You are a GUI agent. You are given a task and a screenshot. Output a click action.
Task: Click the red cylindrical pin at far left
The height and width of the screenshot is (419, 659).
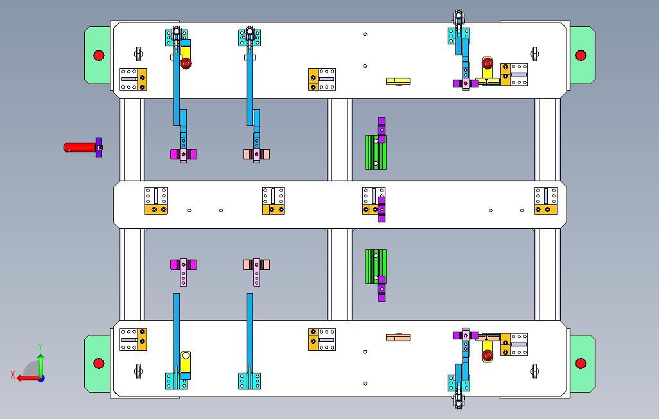(80, 147)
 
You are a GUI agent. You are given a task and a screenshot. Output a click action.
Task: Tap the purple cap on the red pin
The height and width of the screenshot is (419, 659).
(98, 147)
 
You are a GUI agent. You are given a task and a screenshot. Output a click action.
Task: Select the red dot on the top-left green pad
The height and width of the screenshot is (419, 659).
(98, 55)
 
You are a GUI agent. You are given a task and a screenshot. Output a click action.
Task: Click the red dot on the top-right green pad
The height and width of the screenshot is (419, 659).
(581, 55)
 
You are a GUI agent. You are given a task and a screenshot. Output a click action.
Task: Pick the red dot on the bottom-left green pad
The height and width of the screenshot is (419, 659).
(98, 364)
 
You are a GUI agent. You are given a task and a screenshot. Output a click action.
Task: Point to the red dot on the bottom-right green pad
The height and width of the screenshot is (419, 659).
(581, 364)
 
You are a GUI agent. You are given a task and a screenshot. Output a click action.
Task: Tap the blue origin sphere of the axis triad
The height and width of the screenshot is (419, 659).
(40, 378)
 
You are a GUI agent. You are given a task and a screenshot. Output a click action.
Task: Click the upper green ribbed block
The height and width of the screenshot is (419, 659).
(375, 152)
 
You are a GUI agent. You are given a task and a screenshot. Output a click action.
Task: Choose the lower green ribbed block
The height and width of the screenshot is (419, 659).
(375, 266)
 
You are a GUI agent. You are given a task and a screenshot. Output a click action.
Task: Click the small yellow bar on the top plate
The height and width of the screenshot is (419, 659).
(398, 81)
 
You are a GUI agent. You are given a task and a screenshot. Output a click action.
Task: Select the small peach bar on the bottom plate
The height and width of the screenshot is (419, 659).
(398, 337)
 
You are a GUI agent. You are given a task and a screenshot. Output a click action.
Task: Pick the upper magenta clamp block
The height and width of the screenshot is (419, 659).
(183, 154)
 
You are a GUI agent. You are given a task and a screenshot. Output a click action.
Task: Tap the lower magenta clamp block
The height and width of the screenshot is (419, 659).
(183, 264)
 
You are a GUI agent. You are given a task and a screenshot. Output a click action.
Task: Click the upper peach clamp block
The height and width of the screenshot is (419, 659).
(256, 154)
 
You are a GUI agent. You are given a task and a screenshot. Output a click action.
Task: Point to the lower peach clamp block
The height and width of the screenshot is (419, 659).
(256, 264)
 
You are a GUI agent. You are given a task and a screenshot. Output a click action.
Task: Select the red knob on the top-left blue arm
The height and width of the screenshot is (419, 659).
(186, 64)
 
